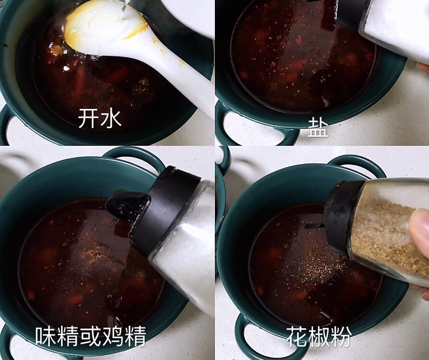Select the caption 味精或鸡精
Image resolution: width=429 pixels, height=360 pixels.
91,336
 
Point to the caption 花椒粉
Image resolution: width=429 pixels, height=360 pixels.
319,336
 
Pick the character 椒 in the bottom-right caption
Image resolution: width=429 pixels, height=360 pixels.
319,336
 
